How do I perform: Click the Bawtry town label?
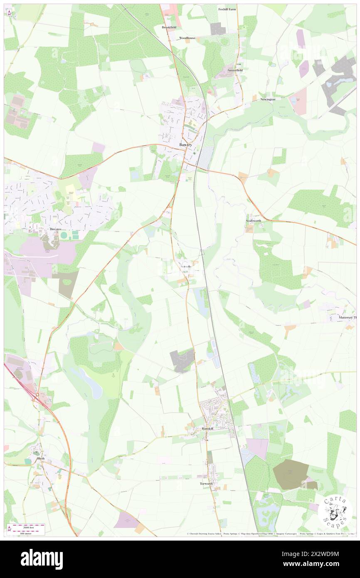[x=185, y=144]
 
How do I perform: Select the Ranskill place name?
[x=207, y=428]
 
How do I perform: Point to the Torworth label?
[x=206, y=484]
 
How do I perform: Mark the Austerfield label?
[x=235, y=70]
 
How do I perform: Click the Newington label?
[x=268, y=99]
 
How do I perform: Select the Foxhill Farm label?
[x=228, y=9]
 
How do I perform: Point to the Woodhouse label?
[x=187, y=38]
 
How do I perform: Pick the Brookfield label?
[x=169, y=27]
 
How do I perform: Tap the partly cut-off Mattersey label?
[x=345, y=317]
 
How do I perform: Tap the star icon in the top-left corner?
[x=9, y=14]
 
